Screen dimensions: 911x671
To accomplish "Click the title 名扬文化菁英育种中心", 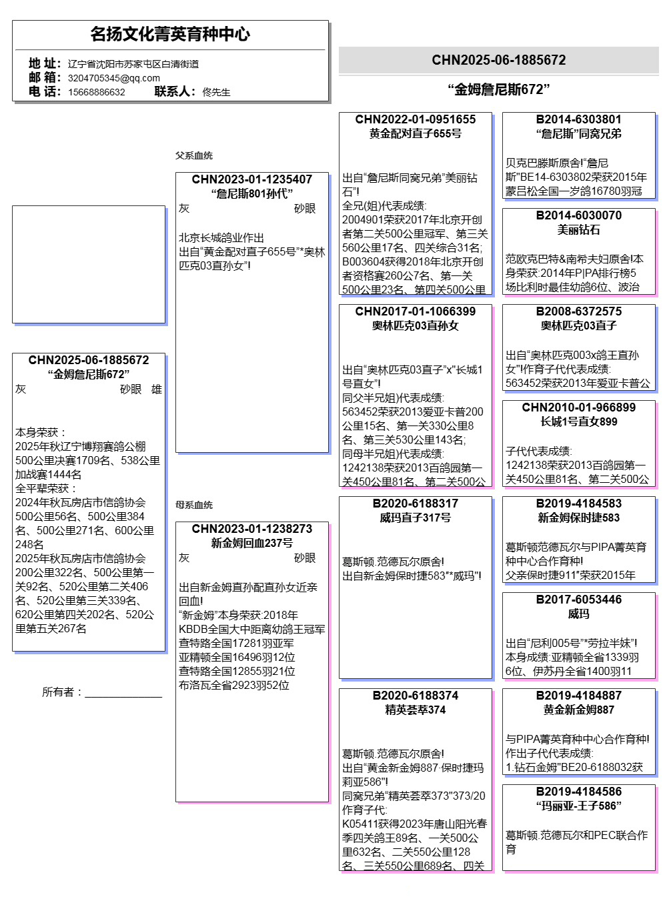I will click(170, 34).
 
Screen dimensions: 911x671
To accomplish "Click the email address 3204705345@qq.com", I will click(113, 78).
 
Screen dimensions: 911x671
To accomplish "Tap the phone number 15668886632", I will click(96, 92).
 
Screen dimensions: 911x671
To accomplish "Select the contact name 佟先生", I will click(216, 92).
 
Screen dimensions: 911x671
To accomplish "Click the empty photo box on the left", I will click(89, 264).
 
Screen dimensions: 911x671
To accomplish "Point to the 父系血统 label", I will click(194, 155).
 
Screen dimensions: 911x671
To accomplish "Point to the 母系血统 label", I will click(194, 505).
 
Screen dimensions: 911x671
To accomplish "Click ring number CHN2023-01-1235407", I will click(252, 179).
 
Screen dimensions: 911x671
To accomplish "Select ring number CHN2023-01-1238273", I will click(252, 529).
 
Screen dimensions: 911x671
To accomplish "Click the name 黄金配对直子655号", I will click(416, 133).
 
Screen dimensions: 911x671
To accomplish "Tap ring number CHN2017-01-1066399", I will click(416, 311).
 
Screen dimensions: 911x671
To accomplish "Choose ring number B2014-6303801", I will click(579, 119).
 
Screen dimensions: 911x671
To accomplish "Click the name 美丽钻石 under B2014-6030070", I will click(579, 229).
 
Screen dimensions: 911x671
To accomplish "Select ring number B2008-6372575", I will click(579, 311).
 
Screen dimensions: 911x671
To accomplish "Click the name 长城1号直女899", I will click(579, 421).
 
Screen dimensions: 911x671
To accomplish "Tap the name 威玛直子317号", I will click(416, 518).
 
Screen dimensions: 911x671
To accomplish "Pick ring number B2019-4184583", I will click(579, 504).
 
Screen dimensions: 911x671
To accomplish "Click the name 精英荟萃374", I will click(416, 710).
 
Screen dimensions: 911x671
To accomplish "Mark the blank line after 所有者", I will click(123, 694).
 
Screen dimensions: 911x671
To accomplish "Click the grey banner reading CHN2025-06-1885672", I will click(498, 60).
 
